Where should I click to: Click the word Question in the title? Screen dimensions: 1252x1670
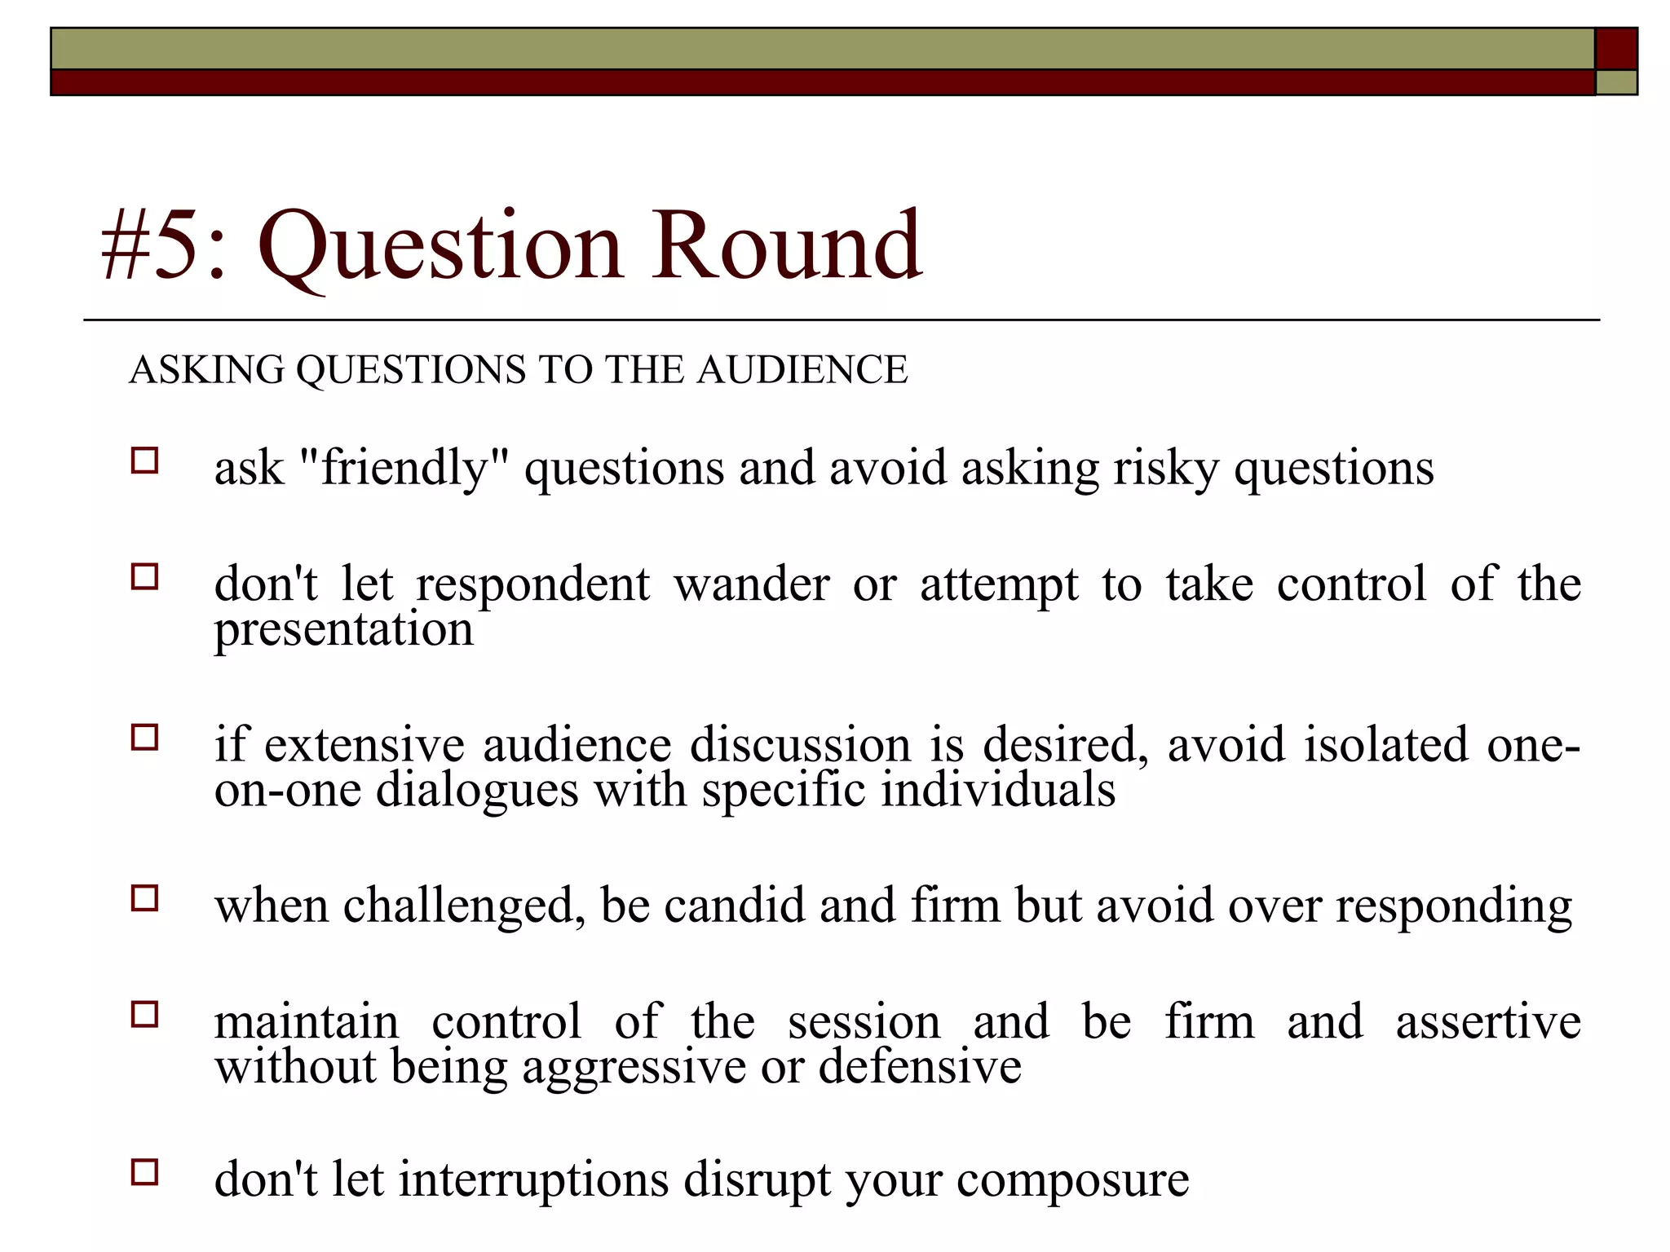[x=440, y=246]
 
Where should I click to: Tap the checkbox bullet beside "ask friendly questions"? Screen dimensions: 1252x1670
[x=144, y=461]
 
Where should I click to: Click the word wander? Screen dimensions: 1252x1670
[x=751, y=584]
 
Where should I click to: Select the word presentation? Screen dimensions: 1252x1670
[x=343, y=630]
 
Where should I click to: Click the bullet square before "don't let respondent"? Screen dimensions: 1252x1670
[x=144, y=577]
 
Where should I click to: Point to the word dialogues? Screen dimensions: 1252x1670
[x=477, y=791]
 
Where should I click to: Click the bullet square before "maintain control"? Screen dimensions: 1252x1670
[x=144, y=1015]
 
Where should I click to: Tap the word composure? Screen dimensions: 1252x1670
[x=1072, y=1181]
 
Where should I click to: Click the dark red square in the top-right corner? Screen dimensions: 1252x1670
[x=1616, y=49]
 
